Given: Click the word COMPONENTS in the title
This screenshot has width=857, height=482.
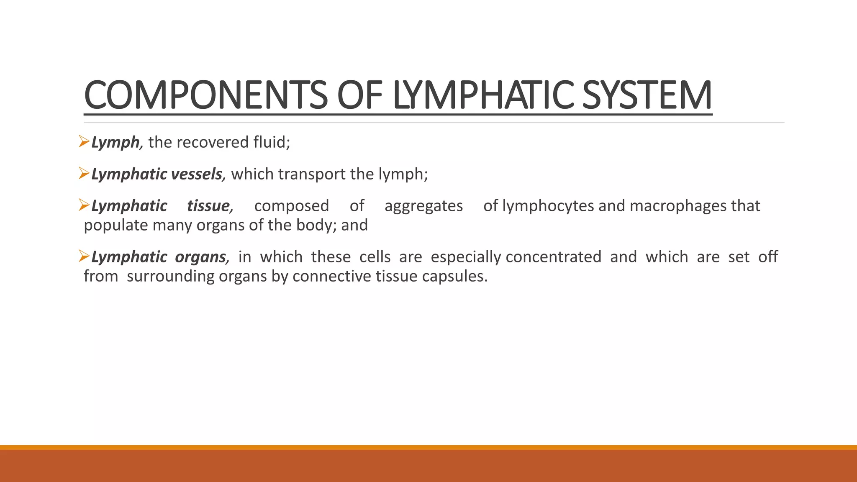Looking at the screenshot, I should click(x=206, y=95).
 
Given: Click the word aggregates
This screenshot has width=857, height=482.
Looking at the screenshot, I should click(x=423, y=206).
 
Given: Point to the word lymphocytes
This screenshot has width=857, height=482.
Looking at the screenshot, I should click(x=548, y=206).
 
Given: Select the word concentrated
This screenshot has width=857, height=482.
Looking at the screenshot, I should click(x=553, y=257).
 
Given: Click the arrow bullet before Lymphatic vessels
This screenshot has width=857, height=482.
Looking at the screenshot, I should click(x=84, y=173).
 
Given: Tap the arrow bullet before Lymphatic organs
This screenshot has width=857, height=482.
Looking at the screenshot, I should click(x=84, y=256).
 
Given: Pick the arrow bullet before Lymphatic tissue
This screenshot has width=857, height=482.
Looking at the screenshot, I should click(x=84, y=205).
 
